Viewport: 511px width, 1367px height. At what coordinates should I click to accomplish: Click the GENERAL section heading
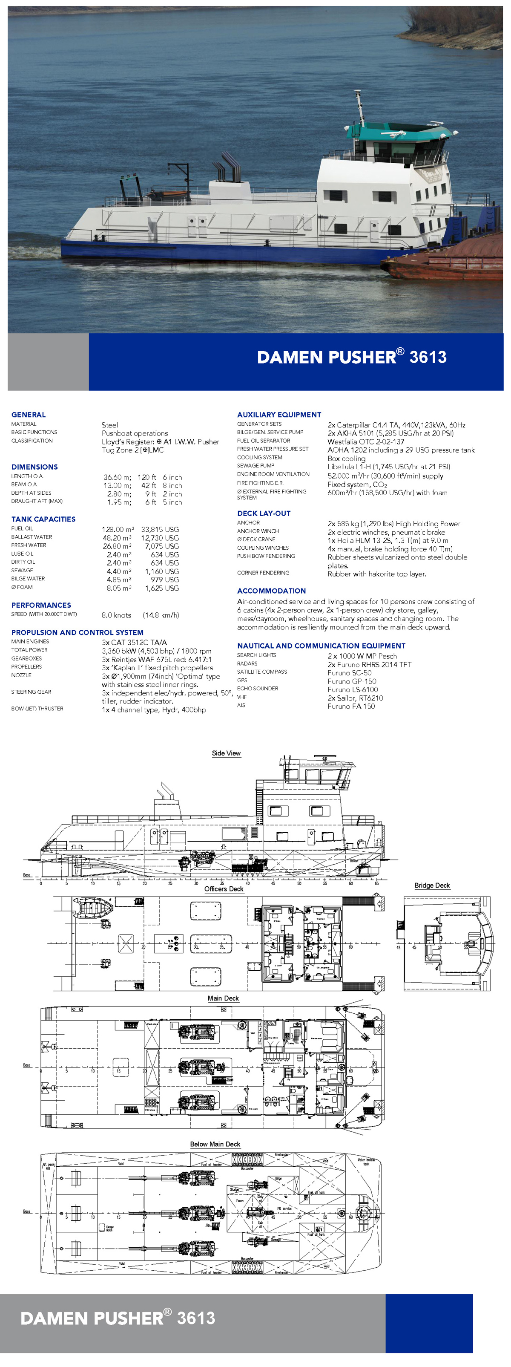click(x=29, y=415)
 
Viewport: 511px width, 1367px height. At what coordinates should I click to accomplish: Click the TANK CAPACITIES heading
click(x=43, y=519)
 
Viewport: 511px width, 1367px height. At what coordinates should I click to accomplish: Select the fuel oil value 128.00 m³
click(x=118, y=529)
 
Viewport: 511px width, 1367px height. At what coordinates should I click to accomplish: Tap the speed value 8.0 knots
click(x=116, y=615)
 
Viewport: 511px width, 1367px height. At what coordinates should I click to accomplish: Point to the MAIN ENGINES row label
click(x=30, y=642)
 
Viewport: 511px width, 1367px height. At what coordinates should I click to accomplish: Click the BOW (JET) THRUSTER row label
click(x=37, y=709)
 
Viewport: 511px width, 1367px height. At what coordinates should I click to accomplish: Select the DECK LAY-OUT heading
click(x=264, y=513)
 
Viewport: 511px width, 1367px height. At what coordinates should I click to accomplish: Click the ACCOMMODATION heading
click(x=271, y=591)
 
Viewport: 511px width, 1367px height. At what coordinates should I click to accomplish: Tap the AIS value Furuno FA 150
click(x=351, y=707)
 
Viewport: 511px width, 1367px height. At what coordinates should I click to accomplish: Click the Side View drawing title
click(x=226, y=753)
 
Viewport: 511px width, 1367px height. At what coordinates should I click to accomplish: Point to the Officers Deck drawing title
click(x=224, y=889)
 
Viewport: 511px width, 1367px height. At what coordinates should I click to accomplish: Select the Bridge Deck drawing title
click(x=432, y=885)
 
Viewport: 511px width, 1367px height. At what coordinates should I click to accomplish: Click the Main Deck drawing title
click(x=223, y=998)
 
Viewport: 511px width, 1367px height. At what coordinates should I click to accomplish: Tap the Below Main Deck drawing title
click(x=215, y=1144)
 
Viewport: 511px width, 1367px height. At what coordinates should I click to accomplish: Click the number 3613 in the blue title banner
click(x=428, y=357)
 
